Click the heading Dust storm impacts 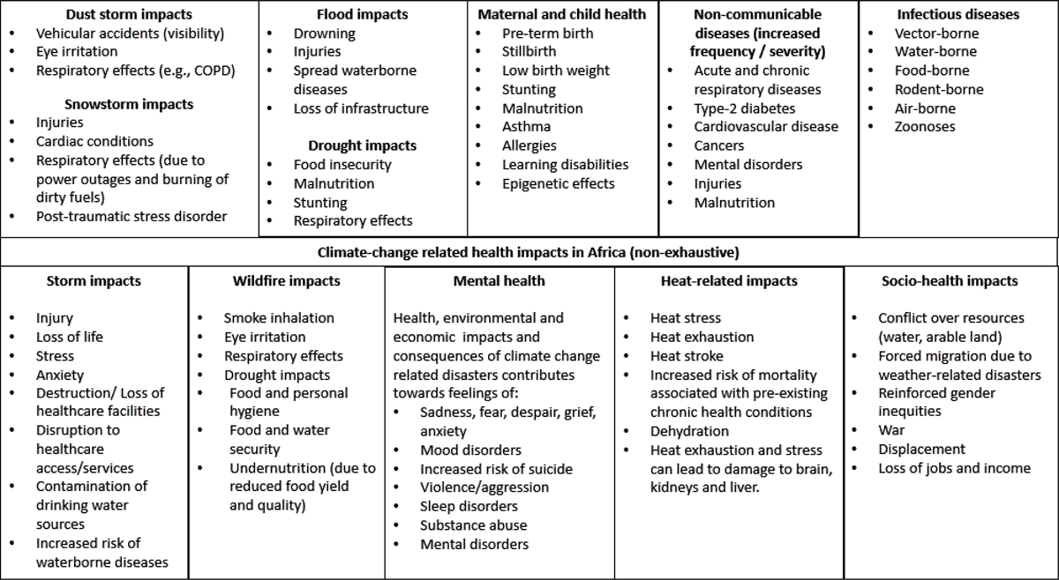[x=129, y=14]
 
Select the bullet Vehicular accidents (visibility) [x=130, y=33]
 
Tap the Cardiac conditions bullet [x=94, y=141]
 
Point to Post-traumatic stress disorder [x=131, y=216]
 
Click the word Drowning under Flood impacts [x=325, y=33]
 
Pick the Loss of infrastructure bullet [x=361, y=108]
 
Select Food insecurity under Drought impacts [x=342, y=165]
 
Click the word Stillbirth [x=530, y=52]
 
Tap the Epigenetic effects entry [x=559, y=183]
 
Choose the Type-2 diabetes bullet [x=744, y=108]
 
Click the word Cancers [x=718, y=145]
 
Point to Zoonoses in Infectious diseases [x=925, y=127]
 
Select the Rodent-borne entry [x=939, y=89]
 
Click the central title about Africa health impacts [x=529, y=252]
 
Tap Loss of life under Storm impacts [x=69, y=337]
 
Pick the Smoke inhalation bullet [x=279, y=318]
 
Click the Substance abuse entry [x=473, y=525]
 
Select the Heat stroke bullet [x=687, y=356]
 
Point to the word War [x=891, y=430]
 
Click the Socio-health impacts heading [x=950, y=281]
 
